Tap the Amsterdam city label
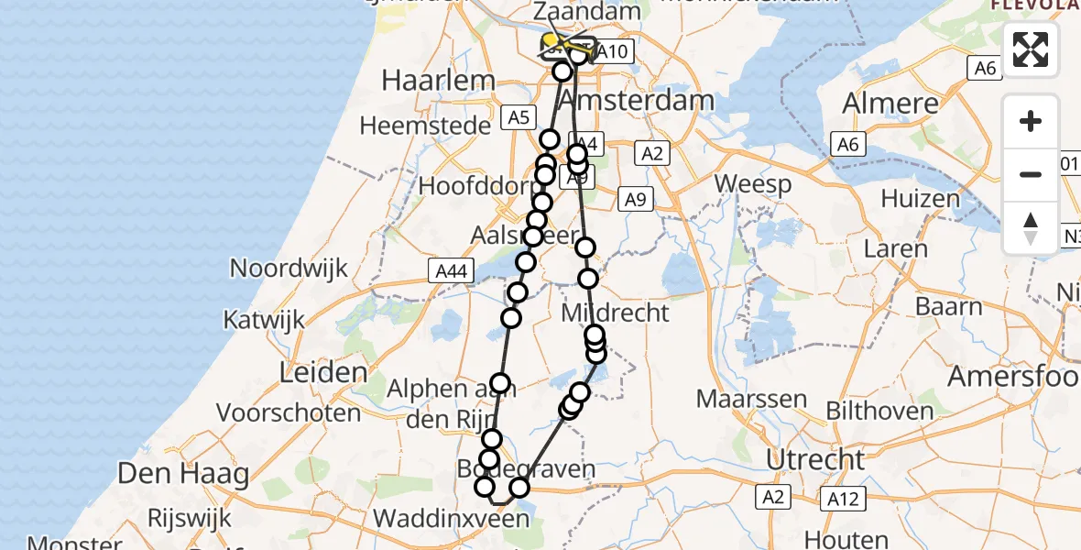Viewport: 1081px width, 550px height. coord(636,100)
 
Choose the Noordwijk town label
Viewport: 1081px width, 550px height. coord(289,269)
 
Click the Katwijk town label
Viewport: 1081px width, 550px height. coord(263,320)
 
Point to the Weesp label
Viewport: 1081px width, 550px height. coord(752,183)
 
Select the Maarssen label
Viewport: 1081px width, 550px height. coord(751,400)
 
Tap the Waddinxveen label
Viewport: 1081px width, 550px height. coord(451,520)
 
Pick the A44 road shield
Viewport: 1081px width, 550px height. coord(450,269)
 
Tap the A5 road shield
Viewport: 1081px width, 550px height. coord(519,116)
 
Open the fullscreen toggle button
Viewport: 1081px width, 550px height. coord(1031,49)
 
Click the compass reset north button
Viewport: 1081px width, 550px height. coord(1031,228)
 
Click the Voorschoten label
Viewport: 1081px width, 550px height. coord(289,412)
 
